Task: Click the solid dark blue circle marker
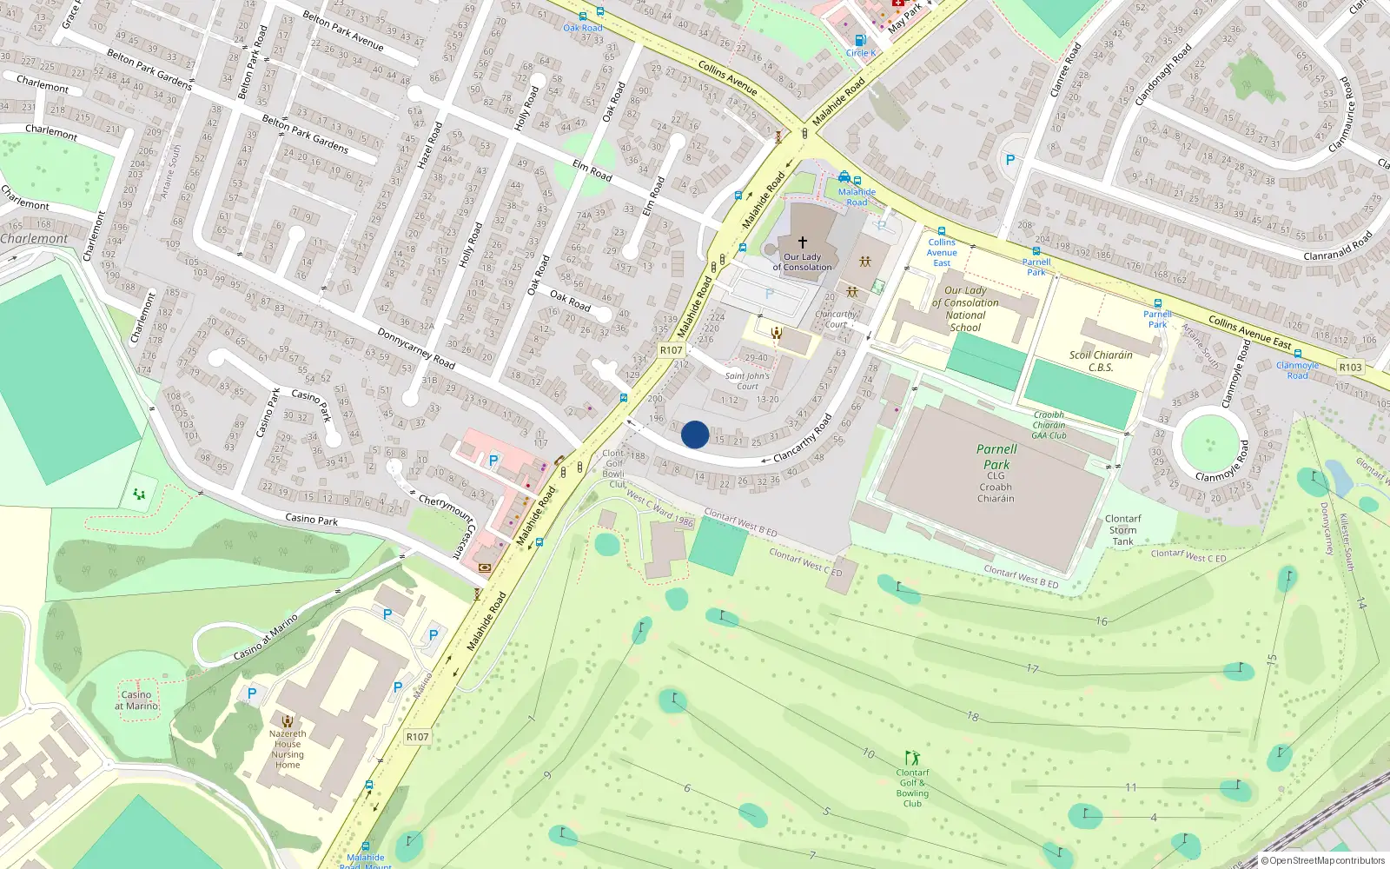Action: (x=695, y=434)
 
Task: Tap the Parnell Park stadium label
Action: (x=996, y=456)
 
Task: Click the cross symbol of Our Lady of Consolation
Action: (x=803, y=242)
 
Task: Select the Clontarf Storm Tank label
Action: (x=1122, y=530)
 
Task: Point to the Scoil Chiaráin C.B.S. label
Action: (x=1101, y=361)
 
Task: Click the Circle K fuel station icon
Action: (x=860, y=40)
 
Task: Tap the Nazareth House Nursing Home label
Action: (x=288, y=749)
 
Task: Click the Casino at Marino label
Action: (x=136, y=700)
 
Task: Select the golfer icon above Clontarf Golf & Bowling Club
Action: (x=911, y=758)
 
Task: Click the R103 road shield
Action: (x=1350, y=367)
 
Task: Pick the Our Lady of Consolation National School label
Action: (x=965, y=308)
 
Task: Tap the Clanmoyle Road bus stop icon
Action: (x=1298, y=354)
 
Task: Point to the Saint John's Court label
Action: (x=747, y=381)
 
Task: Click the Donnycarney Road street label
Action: (x=416, y=348)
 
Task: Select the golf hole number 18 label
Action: (x=973, y=717)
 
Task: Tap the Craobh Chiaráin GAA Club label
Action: (x=1049, y=425)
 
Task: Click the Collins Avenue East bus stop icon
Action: (x=942, y=232)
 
